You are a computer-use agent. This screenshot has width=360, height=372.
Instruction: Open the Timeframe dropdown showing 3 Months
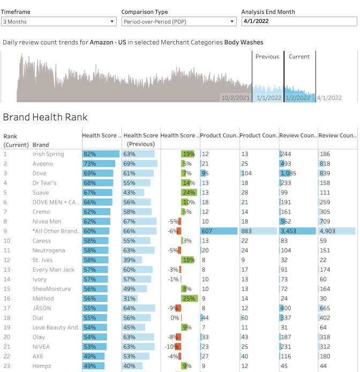pos(59,21)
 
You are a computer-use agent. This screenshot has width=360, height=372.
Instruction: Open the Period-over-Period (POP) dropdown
pos(179,21)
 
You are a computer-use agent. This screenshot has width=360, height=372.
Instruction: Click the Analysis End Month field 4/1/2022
pos(299,21)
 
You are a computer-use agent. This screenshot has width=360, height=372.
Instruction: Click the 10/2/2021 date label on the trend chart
pos(235,98)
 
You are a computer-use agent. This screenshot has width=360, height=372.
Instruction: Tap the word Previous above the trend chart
pos(267,57)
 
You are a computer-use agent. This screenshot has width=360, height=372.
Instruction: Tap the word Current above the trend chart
pos(299,57)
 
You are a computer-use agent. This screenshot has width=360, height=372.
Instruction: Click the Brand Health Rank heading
pos(45,117)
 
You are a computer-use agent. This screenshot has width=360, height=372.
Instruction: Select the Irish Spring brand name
pos(48,154)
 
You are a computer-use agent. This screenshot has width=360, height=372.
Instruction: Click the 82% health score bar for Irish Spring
pos(97,154)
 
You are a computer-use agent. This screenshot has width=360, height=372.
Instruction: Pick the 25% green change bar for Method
pos(189,299)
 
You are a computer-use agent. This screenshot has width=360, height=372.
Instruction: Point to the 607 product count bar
pos(219,231)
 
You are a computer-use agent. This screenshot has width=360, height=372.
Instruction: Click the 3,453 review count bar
pos(298,231)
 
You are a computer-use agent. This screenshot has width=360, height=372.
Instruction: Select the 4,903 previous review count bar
pos(337,231)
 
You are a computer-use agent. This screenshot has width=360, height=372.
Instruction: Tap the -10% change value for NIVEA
pos(174,347)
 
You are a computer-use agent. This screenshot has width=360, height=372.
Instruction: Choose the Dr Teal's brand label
pos(44,183)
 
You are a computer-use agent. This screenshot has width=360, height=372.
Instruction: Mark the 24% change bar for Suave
pos(189,193)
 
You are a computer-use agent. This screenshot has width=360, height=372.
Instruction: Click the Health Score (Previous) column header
pos(141,140)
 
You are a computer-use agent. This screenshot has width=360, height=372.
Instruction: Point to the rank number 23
pos(7,366)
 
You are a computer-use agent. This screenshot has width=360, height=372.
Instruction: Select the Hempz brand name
pos(42,366)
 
